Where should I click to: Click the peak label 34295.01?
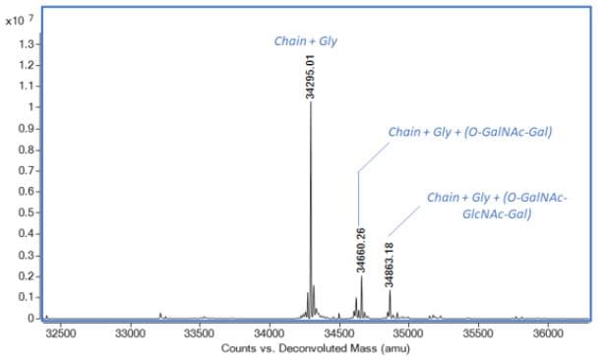coord(310,76)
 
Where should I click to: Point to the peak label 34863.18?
coord(391,265)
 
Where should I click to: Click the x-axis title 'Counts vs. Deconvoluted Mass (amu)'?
coord(310,349)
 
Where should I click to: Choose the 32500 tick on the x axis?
coord(60,333)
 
